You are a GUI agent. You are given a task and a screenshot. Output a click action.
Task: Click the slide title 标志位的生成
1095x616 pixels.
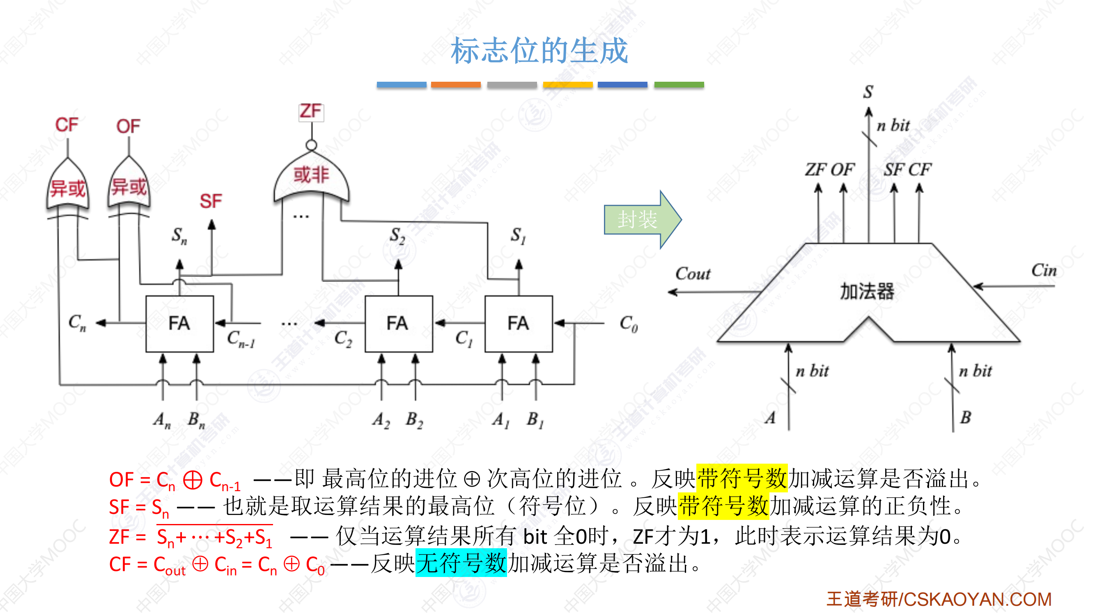539,51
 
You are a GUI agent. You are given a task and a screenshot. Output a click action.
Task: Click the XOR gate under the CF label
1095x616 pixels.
68,187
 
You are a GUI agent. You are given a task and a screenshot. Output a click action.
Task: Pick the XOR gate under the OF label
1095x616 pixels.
129,186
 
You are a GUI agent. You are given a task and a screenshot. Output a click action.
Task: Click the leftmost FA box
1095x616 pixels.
179,324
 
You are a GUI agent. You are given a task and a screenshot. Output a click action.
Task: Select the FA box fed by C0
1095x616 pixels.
518,324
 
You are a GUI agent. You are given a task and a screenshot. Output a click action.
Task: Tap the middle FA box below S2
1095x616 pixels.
398,324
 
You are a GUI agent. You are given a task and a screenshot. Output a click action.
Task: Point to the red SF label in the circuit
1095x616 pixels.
211,201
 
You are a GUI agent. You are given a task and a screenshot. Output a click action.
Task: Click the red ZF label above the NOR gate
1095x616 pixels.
311,112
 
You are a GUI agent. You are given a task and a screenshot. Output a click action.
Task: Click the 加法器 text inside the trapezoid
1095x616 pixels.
867,292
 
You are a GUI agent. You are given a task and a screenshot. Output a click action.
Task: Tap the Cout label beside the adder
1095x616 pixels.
693,274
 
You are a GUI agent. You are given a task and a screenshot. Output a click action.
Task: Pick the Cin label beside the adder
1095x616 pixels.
1044,270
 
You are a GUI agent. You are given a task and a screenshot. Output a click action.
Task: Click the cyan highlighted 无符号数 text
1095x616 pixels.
461,563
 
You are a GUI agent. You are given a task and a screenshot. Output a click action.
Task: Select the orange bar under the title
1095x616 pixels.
456,85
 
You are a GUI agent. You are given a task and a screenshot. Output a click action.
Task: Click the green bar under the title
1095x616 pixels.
679,85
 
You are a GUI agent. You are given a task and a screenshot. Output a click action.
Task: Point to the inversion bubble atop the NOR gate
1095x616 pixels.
312,145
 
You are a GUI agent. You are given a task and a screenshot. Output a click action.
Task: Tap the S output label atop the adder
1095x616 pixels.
868,92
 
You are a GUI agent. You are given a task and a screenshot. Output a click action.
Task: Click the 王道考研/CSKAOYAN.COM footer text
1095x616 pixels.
939,599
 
